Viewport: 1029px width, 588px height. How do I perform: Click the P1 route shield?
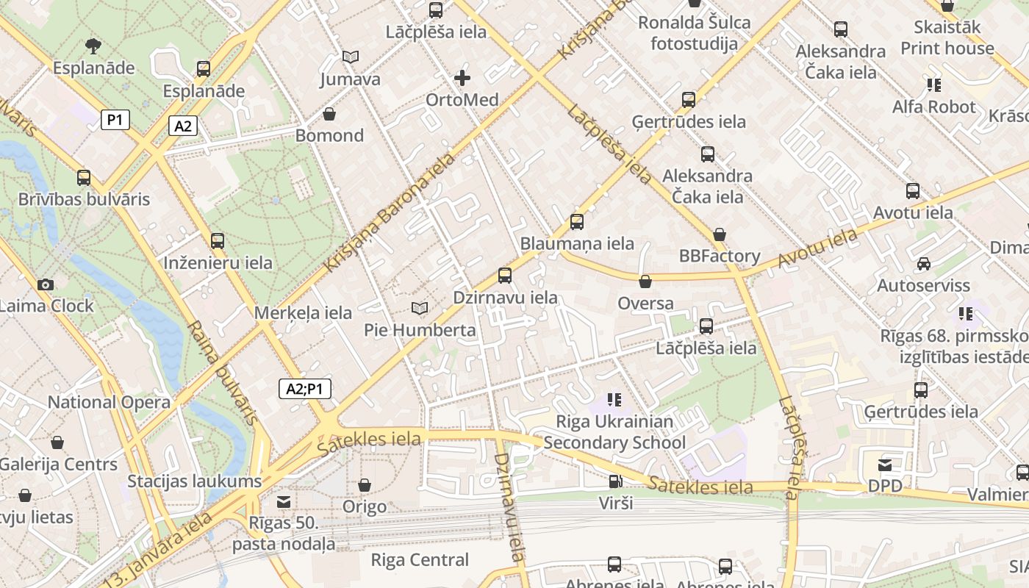coord(115,120)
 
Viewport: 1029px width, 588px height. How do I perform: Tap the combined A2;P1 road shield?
coord(304,389)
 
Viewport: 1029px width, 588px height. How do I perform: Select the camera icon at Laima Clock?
coord(46,284)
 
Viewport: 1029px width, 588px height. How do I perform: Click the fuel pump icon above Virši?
coord(614,481)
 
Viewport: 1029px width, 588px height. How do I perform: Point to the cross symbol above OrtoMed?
coord(462,77)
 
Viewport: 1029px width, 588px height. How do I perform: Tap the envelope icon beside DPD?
coord(885,465)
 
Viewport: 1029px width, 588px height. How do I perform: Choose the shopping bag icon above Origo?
coord(364,485)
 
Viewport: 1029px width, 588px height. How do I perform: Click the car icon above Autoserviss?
coord(923,264)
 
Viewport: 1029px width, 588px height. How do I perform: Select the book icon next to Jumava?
coord(351,57)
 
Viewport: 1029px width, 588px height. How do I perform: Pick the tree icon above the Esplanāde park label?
coord(93,46)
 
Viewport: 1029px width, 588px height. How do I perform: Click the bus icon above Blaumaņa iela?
coord(577,221)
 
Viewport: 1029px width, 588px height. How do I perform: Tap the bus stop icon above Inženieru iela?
coord(218,240)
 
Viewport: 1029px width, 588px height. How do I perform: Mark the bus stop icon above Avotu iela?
coord(913,191)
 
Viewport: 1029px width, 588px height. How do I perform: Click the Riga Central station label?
coord(420,560)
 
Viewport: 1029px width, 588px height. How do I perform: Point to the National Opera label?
coord(109,402)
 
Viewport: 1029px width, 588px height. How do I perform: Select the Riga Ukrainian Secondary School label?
coord(614,432)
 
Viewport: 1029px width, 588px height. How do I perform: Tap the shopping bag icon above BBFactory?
coord(720,234)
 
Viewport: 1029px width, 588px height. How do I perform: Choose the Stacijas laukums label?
coord(194,481)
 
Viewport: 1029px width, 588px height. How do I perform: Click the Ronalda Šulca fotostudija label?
coord(694,33)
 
